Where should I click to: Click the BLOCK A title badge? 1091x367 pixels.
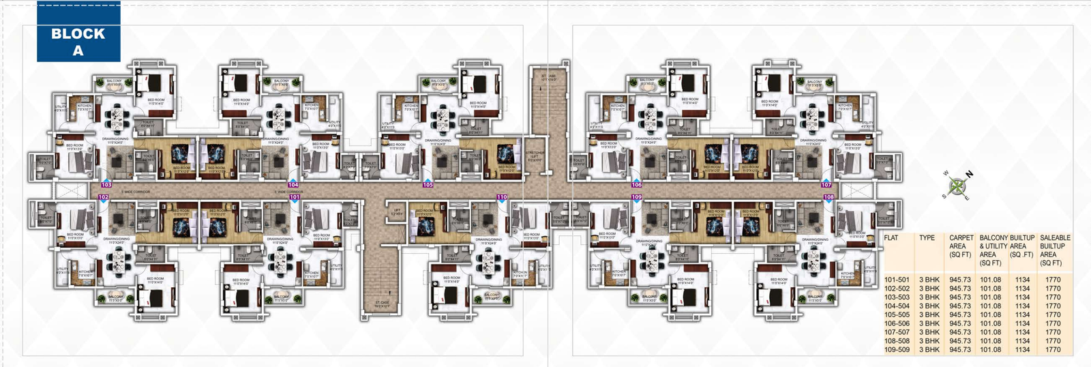(x=78, y=42)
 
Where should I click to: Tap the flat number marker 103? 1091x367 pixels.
(x=106, y=185)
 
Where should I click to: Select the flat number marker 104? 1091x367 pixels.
(x=293, y=185)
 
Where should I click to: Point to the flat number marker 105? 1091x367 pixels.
(x=428, y=185)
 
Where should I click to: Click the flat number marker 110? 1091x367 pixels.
(x=502, y=197)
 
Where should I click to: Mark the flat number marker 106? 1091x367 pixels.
(x=636, y=185)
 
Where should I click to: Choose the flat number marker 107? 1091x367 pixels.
(x=826, y=185)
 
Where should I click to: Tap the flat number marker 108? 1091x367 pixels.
(x=828, y=197)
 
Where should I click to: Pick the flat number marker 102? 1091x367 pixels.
(x=103, y=197)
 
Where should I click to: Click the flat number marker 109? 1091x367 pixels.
(x=636, y=197)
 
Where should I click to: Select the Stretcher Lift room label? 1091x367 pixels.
(x=535, y=156)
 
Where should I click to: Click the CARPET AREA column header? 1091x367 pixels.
(x=960, y=246)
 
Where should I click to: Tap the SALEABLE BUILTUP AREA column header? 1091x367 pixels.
(x=1054, y=250)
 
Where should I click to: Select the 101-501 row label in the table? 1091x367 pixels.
(x=897, y=280)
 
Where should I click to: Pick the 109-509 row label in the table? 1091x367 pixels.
(x=897, y=350)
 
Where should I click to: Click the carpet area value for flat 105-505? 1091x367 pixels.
(x=960, y=315)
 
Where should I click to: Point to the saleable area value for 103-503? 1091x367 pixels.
(x=1053, y=297)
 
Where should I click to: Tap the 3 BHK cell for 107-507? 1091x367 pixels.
(x=929, y=332)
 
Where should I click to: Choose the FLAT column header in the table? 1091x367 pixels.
(x=891, y=238)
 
